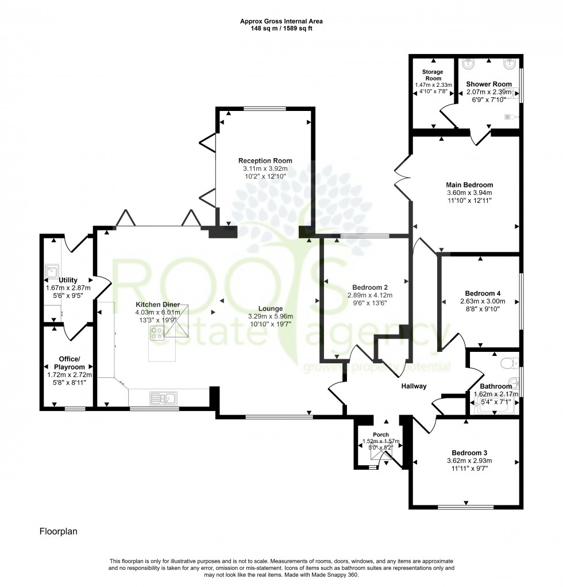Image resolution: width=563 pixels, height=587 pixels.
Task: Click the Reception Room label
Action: point(265,160)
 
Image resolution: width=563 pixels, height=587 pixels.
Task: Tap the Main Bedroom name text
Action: point(469,185)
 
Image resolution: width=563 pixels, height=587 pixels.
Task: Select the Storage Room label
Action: point(433,75)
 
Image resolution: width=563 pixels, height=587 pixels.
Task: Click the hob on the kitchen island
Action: point(157,332)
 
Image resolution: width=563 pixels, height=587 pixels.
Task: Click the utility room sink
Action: point(52,268)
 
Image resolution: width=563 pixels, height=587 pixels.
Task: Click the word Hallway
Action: point(414,386)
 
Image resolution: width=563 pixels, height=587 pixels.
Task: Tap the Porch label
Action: point(380,435)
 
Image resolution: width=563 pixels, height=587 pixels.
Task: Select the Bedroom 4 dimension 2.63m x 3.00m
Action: point(482,301)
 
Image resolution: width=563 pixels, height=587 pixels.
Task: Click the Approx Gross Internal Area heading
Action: point(281,21)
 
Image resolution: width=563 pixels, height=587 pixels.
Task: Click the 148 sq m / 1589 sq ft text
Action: point(281,28)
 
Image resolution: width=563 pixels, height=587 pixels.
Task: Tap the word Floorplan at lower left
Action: point(58,532)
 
